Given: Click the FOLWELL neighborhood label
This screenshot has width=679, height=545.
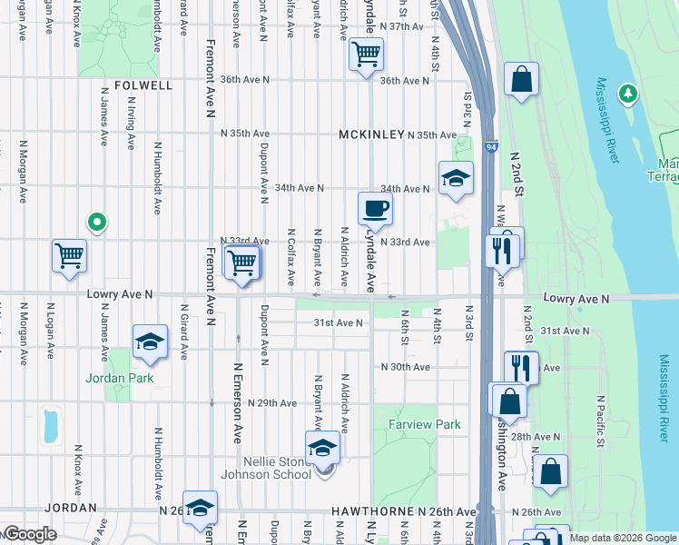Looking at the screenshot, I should point(143,85).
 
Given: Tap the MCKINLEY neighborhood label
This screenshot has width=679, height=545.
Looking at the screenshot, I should point(370,134).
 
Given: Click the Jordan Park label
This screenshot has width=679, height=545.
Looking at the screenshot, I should point(120,378).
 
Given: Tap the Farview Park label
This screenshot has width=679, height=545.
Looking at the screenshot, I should point(425,424).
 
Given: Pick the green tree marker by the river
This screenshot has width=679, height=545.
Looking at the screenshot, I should point(627,94).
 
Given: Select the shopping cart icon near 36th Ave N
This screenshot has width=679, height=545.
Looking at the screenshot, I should point(366,54).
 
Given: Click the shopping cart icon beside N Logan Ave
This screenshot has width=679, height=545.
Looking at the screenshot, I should point(69,256).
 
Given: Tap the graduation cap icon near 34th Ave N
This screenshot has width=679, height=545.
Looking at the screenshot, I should point(456,178).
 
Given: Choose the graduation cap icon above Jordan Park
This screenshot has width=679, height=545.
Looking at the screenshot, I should point(151,342).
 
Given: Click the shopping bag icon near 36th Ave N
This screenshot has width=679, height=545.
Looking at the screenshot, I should point(522,80).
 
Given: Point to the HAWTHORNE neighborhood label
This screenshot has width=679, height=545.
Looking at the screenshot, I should point(372,512).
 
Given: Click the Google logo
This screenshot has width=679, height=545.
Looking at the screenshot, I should point(29,534).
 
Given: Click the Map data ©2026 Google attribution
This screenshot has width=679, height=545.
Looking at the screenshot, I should point(621,538).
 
